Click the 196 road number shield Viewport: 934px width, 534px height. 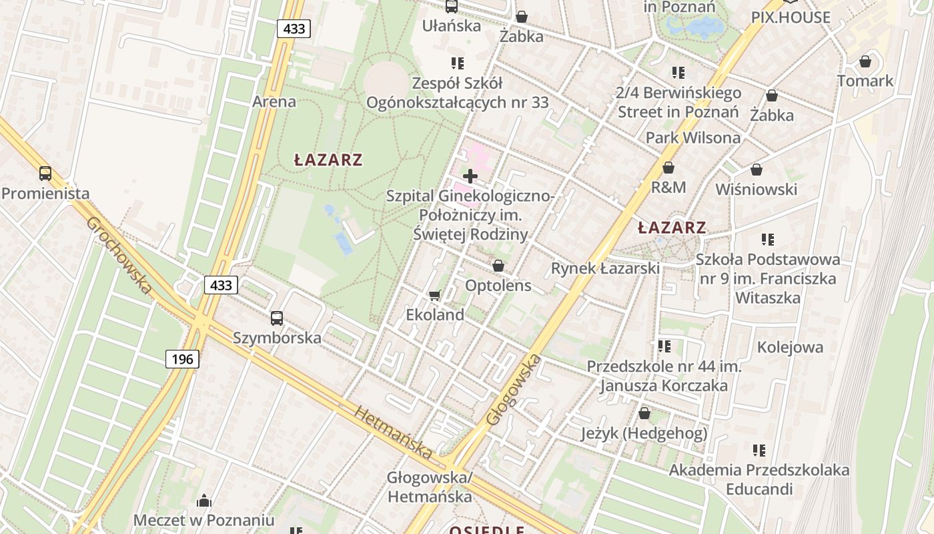tap(181, 359)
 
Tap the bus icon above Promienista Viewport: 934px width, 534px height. tap(45, 174)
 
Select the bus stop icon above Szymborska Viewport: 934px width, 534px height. tap(277, 318)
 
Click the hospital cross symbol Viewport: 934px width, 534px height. tap(470, 176)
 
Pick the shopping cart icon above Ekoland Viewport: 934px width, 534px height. tap(435, 295)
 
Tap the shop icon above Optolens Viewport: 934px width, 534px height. tap(498, 266)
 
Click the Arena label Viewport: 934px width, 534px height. tap(274, 102)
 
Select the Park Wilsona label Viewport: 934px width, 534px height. tap(692, 138)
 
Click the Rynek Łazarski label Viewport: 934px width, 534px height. tap(604, 268)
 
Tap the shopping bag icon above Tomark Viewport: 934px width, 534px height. tap(865, 61)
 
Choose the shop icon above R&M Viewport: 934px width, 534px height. tap(668, 168)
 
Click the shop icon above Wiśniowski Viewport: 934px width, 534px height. tap(757, 170)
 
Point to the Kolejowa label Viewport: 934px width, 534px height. tap(790, 347)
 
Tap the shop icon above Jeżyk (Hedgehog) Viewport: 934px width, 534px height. tap(644, 414)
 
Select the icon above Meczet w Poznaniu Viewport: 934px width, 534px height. tap(204, 501)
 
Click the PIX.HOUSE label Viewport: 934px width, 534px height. tap(791, 17)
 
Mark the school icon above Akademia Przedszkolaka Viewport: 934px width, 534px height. tap(759, 451)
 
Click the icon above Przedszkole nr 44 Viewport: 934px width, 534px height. tap(664, 346)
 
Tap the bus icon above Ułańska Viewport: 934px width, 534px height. tap(452, 7)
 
